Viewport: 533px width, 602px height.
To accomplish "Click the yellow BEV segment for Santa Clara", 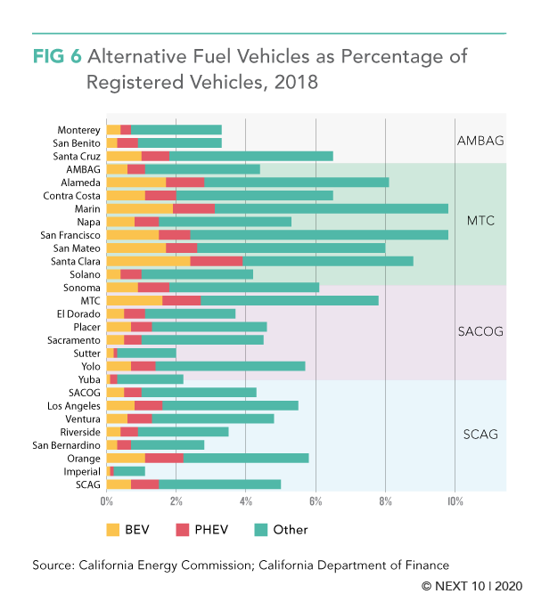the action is coord(148,262).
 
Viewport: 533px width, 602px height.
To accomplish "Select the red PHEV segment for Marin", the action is coord(193,209).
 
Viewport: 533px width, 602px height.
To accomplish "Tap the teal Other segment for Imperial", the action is coord(129,471).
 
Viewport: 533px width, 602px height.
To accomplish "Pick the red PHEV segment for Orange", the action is coord(164,459).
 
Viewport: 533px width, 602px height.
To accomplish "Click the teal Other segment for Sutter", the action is coord(146,354).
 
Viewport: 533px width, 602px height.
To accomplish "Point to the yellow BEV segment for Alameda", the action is coord(136,183).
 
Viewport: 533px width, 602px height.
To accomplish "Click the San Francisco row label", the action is coord(70,235).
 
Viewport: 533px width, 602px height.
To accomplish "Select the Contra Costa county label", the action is coord(71,196).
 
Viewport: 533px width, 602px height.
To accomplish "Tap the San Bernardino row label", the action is coord(67,445).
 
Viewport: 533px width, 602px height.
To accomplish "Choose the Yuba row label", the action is coord(89,379).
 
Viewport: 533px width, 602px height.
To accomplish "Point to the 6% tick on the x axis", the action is coord(316,501).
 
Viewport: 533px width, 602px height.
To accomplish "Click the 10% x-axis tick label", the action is coord(455,501).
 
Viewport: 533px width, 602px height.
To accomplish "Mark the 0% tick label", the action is coord(107,501).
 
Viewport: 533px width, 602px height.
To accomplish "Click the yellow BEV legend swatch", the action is coord(113,530).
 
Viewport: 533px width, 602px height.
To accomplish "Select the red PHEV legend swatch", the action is coord(183,530).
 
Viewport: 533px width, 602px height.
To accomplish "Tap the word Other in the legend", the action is coord(291,530).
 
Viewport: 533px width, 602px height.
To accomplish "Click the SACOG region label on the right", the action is coord(480,331).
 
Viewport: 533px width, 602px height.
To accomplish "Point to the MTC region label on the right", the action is coord(480,221).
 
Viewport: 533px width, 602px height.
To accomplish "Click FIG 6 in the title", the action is coord(57,56).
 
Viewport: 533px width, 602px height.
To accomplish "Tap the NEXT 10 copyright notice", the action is coord(472,586).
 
